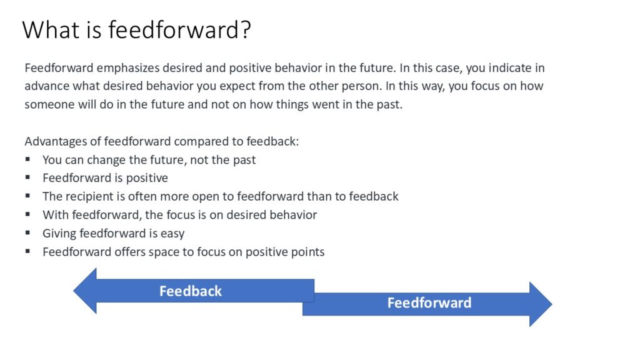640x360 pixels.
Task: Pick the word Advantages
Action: point(56,142)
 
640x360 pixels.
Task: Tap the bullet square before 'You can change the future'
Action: point(27,159)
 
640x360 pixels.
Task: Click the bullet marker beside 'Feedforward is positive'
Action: point(27,177)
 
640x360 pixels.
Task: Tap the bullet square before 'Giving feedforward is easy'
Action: point(27,232)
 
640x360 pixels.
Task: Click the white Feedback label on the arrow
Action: point(191,291)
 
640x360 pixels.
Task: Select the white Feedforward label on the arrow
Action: point(429,303)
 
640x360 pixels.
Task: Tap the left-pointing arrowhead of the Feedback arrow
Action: point(85,291)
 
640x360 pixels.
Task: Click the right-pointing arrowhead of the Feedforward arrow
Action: point(541,304)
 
